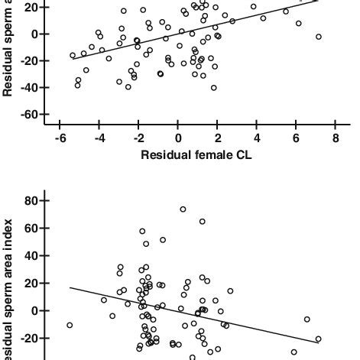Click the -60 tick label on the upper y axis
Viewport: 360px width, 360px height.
28,115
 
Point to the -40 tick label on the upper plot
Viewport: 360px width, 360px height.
28,88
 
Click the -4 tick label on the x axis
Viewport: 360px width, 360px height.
98,138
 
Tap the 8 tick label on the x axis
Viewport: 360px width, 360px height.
336,138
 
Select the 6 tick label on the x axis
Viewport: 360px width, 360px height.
296,138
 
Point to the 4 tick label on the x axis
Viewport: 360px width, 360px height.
257,138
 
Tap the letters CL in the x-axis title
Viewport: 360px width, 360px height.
244,155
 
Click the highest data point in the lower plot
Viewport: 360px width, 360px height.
183,209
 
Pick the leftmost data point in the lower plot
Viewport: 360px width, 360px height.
70,325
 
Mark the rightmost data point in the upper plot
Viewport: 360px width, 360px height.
318,37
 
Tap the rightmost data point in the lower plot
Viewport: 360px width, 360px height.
318,339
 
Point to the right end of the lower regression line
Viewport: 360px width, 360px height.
318,342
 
